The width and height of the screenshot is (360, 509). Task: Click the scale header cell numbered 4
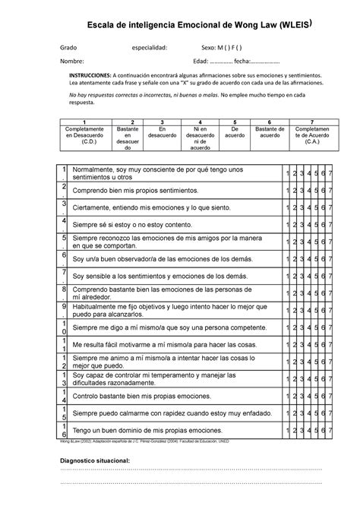tap(199, 122)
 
